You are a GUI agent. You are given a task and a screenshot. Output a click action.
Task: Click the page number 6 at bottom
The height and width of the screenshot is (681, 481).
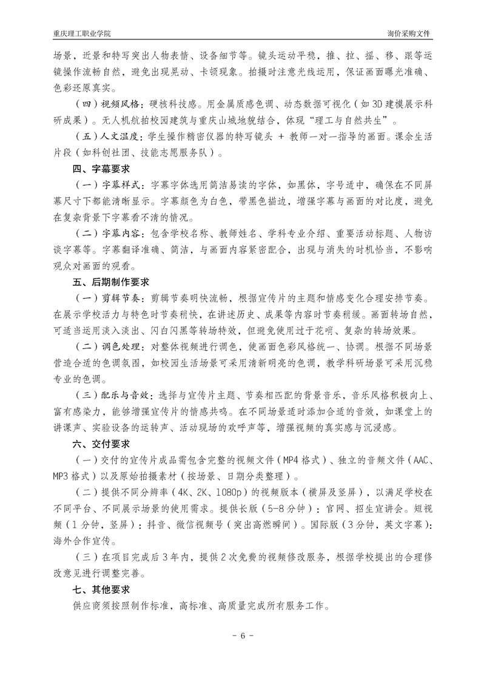pyautogui.click(x=241, y=637)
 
